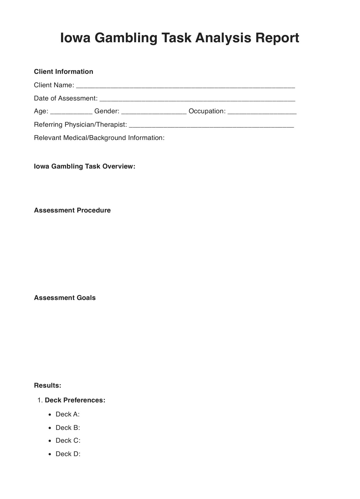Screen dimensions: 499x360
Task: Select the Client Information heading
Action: pyautogui.click(x=63, y=72)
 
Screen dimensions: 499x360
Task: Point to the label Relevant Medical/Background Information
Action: pyautogui.click(x=99, y=138)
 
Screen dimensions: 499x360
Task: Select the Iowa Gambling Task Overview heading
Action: pyautogui.click(x=84, y=166)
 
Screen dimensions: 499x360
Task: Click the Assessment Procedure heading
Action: pyautogui.click(x=72, y=210)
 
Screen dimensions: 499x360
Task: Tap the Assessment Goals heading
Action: pyautogui.click(x=65, y=298)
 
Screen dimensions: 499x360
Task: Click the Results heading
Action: pyautogui.click(x=47, y=385)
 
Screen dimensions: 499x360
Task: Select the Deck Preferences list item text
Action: pyautogui.click(x=75, y=400)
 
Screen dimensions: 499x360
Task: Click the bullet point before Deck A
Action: pyautogui.click(x=50, y=415)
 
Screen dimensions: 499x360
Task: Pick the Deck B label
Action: pyautogui.click(x=68, y=428)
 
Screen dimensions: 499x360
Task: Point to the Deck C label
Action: pyautogui.click(x=68, y=441)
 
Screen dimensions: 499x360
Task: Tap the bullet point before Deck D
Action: pyautogui.click(x=50, y=454)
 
